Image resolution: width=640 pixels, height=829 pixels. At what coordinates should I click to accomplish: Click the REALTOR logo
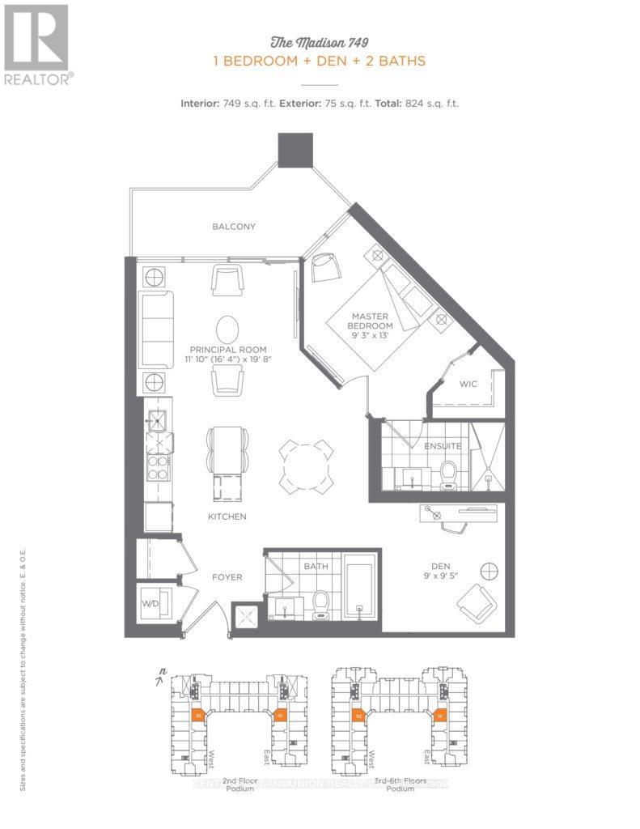37,44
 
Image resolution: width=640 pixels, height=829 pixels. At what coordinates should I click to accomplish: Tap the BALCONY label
234,227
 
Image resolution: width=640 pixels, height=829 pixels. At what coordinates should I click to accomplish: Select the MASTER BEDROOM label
370,321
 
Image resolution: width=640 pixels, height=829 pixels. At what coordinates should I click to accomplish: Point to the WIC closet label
470,385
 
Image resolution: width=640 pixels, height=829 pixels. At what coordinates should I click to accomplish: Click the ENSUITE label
443,445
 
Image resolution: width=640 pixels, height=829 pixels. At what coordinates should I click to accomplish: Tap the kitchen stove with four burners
156,468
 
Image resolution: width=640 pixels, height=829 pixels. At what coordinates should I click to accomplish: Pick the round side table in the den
489,570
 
